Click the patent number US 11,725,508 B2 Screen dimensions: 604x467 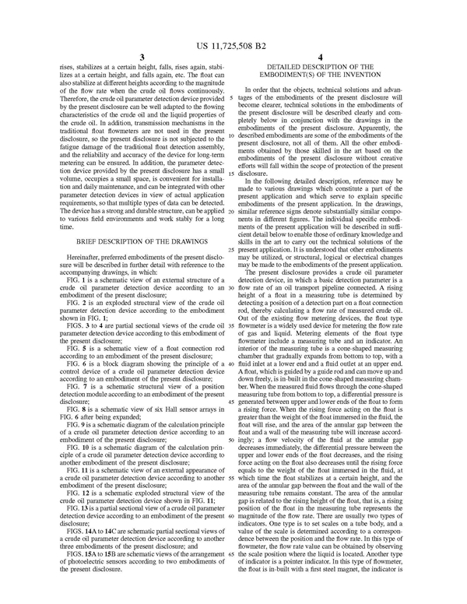(x=233, y=37)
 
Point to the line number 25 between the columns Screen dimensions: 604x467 (x=233, y=228)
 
